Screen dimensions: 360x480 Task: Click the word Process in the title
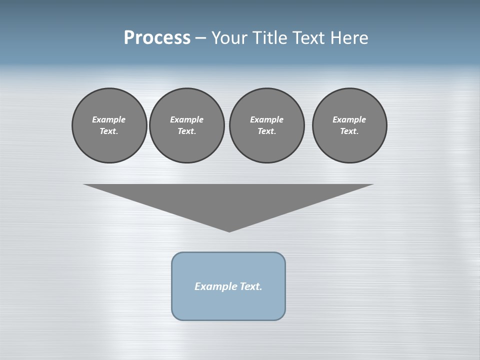(x=157, y=38)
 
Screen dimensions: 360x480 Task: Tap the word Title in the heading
(x=271, y=38)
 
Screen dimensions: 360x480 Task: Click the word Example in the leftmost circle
(x=109, y=119)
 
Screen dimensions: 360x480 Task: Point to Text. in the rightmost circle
(x=349, y=131)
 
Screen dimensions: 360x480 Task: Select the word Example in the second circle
(x=186, y=119)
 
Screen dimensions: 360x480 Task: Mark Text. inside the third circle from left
(x=266, y=131)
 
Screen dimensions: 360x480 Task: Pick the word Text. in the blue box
(x=251, y=286)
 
